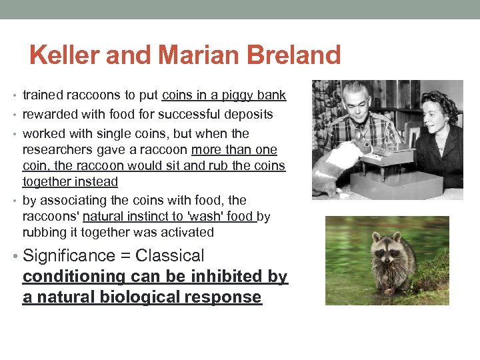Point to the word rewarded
pos(49,115)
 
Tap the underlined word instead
pos(94,181)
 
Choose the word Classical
pos(169,256)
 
